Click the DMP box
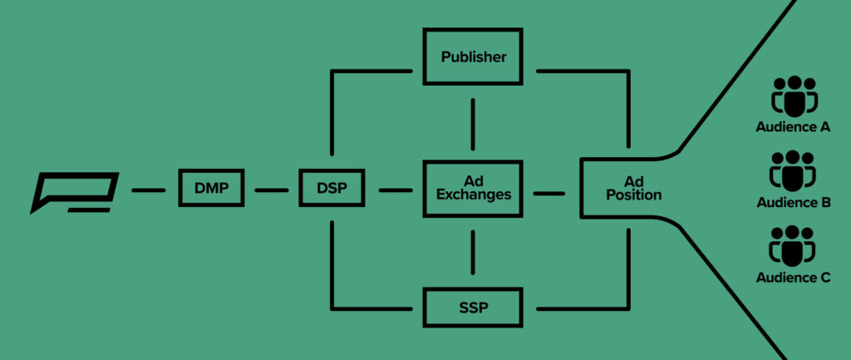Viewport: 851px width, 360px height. coord(212,190)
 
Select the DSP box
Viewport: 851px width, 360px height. coord(331,190)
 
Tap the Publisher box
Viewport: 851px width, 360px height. coord(473,57)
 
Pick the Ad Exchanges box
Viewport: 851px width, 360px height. coord(473,188)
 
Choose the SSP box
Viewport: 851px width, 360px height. coord(473,308)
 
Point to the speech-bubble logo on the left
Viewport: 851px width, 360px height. coord(75,192)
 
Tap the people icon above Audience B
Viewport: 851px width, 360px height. coord(793,171)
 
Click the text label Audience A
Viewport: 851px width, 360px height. coord(793,128)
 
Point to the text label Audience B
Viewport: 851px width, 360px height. coord(793,203)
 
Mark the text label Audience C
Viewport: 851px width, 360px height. coord(793,278)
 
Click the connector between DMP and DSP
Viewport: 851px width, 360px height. coord(271,190)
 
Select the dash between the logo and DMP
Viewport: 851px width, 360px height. coord(149,190)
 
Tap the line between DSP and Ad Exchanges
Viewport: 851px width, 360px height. coord(396,190)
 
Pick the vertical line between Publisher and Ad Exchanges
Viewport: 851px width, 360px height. coord(473,121)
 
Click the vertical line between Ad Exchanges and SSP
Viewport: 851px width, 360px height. coord(473,253)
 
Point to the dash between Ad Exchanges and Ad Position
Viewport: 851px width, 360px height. coord(548,193)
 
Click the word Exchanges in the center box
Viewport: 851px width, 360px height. coord(473,195)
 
